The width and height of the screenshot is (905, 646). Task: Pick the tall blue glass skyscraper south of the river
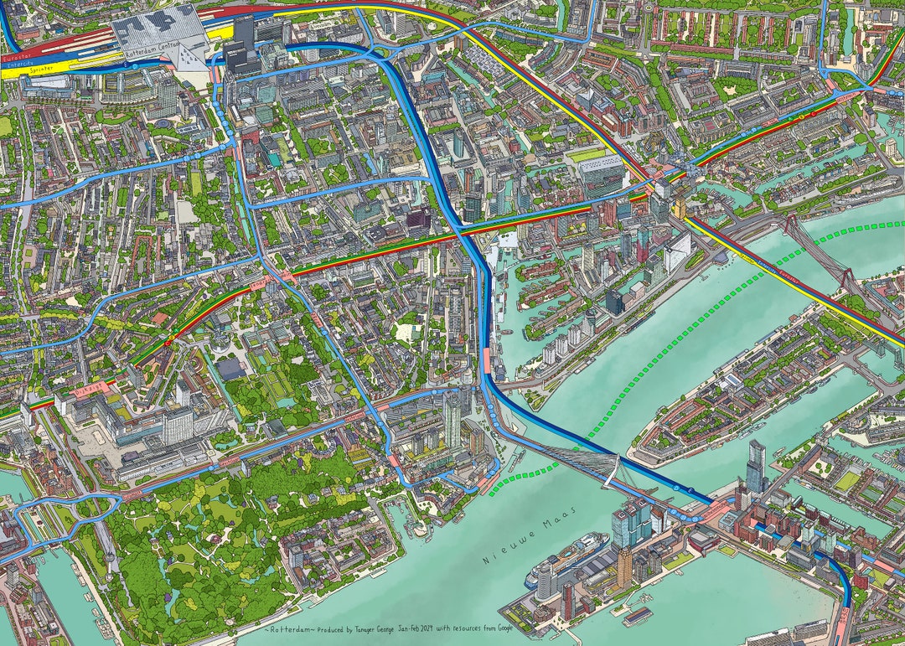click(755, 466)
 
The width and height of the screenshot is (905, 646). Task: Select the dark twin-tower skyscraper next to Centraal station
click(243, 46)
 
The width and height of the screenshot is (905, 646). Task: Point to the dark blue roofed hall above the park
click(230, 370)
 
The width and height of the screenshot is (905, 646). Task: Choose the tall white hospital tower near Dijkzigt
click(177, 423)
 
